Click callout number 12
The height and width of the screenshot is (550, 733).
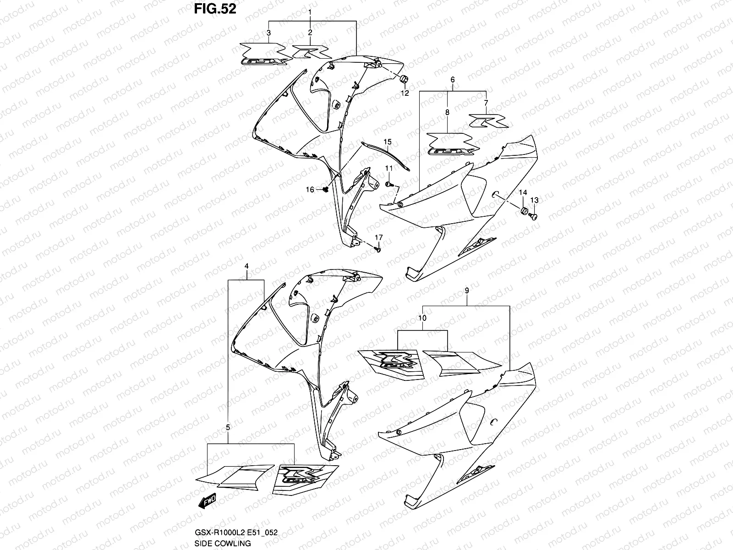coord(405,93)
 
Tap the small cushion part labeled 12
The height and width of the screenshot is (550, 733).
coord(405,80)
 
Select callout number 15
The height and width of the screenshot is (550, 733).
coord(388,142)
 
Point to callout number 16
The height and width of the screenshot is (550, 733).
coord(310,189)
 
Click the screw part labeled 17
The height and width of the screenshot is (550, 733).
coord(378,249)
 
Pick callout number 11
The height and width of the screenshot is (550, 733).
coord(388,169)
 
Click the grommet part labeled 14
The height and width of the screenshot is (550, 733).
coord(522,211)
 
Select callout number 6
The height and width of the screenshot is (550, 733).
coord(453,79)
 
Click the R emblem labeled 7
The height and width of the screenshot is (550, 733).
coord(487,122)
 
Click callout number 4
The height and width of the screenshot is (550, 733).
coord(246,266)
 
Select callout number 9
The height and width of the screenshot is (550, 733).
coord(466,290)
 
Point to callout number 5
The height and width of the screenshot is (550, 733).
coord(228,427)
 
